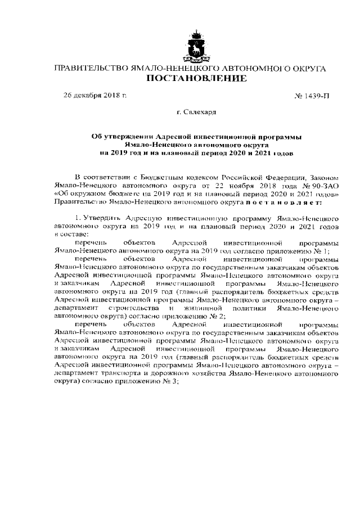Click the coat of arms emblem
(196, 43)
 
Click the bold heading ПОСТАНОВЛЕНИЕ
(196, 79)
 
